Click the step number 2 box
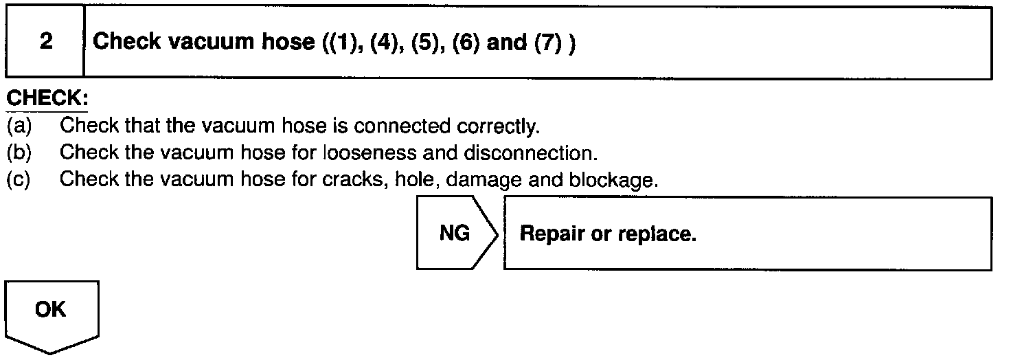pyautogui.click(x=45, y=42)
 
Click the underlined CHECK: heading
pyautogui.click(x=46, y=98)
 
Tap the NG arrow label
pyautogui.click(x=455, y=234)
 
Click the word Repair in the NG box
pyautogui.click(x=553, y=234)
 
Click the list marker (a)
pyautogui.click(x=19, y=126)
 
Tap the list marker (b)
pyautogui.click(x=19, y=153)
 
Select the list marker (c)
pyautogui.click(x=19, y=181)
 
